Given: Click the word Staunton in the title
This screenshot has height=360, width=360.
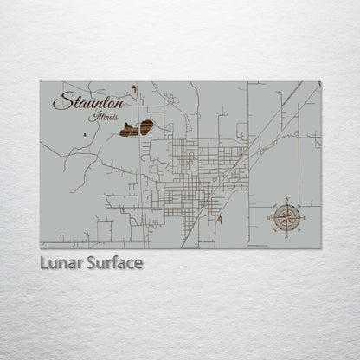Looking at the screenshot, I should tap(88, 101).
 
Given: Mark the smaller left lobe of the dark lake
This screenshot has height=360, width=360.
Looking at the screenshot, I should tap(129, 131).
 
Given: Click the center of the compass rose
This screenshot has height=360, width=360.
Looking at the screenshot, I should tap(286, 215).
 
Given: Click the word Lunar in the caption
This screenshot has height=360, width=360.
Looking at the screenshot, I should tap(61, 262).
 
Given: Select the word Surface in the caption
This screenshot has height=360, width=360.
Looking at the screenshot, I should tap(113, 262).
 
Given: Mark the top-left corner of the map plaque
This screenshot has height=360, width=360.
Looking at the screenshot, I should tap(40, 82).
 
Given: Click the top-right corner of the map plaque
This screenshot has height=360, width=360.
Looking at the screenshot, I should tap(321, 82).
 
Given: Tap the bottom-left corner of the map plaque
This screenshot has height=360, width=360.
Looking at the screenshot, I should tap(40, 248).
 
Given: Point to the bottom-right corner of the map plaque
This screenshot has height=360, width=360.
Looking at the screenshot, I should tap(321, 248).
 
